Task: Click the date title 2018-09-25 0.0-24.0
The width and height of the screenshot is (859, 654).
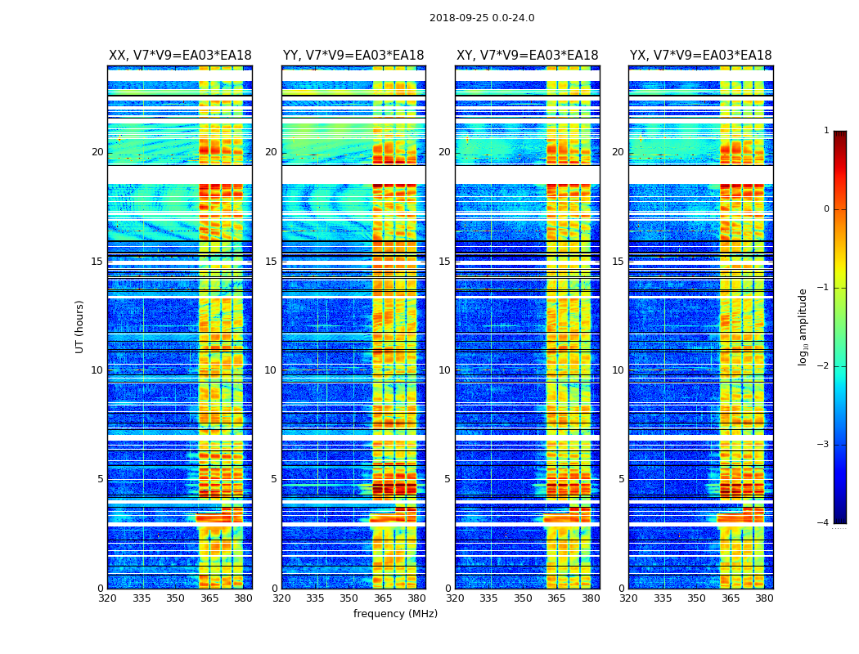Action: click(x=482, y=18)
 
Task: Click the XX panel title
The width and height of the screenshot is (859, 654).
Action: click(x=180, y=56)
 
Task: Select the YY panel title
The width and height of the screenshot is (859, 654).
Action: click(x=353, y=56)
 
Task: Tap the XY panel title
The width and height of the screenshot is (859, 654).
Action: click(x=527, y=56)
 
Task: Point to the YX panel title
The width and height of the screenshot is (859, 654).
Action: click(x=700, y=56)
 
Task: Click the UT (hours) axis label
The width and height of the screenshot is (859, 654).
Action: click(x=80, y=326)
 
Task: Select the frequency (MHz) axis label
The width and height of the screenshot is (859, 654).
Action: click(x=395, y=614)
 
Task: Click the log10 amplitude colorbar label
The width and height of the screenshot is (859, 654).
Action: click(x=803, y=326)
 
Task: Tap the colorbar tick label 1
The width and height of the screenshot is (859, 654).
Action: click(x=826, y=131)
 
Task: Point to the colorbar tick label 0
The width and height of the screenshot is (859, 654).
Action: click(x=826, y=209)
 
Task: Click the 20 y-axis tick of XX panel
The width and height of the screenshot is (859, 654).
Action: click(x=97, y=152)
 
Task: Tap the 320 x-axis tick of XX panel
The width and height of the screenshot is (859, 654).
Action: click(x=107, y=598)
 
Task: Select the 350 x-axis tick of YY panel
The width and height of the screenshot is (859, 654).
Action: click(x=349, y=598)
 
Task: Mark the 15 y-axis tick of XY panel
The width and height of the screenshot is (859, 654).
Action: click(x=444, y=262)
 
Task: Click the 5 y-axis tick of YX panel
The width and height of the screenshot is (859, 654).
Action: click(x=622, y=479)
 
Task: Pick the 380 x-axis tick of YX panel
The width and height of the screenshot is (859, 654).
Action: click(x=764, y=598)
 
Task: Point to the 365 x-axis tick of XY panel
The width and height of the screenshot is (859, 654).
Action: click(x=556, y=598)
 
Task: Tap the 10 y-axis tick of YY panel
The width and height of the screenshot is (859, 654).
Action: click(x=271, y=370)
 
